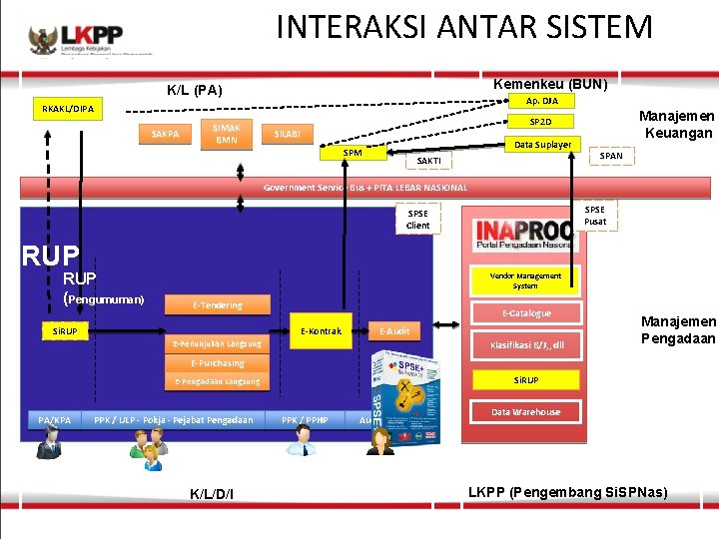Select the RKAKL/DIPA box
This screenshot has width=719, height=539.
(68, 109)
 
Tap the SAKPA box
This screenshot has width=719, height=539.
(165, 134)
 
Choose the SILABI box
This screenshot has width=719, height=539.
(288, 133)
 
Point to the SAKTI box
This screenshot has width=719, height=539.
(428, 160)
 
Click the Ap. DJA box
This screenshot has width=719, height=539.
(542, 101)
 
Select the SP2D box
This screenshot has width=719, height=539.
(540, 122)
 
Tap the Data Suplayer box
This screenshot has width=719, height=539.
(542, 145)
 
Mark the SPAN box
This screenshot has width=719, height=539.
(609, 156)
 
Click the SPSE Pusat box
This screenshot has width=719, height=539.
(594, 215)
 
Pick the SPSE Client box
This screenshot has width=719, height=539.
(417, 219)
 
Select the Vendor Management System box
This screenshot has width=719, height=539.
(525, 280)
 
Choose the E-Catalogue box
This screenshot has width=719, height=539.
(526, 313)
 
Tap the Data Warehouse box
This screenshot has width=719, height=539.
(526, 411)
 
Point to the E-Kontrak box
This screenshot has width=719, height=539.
(322, 330)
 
